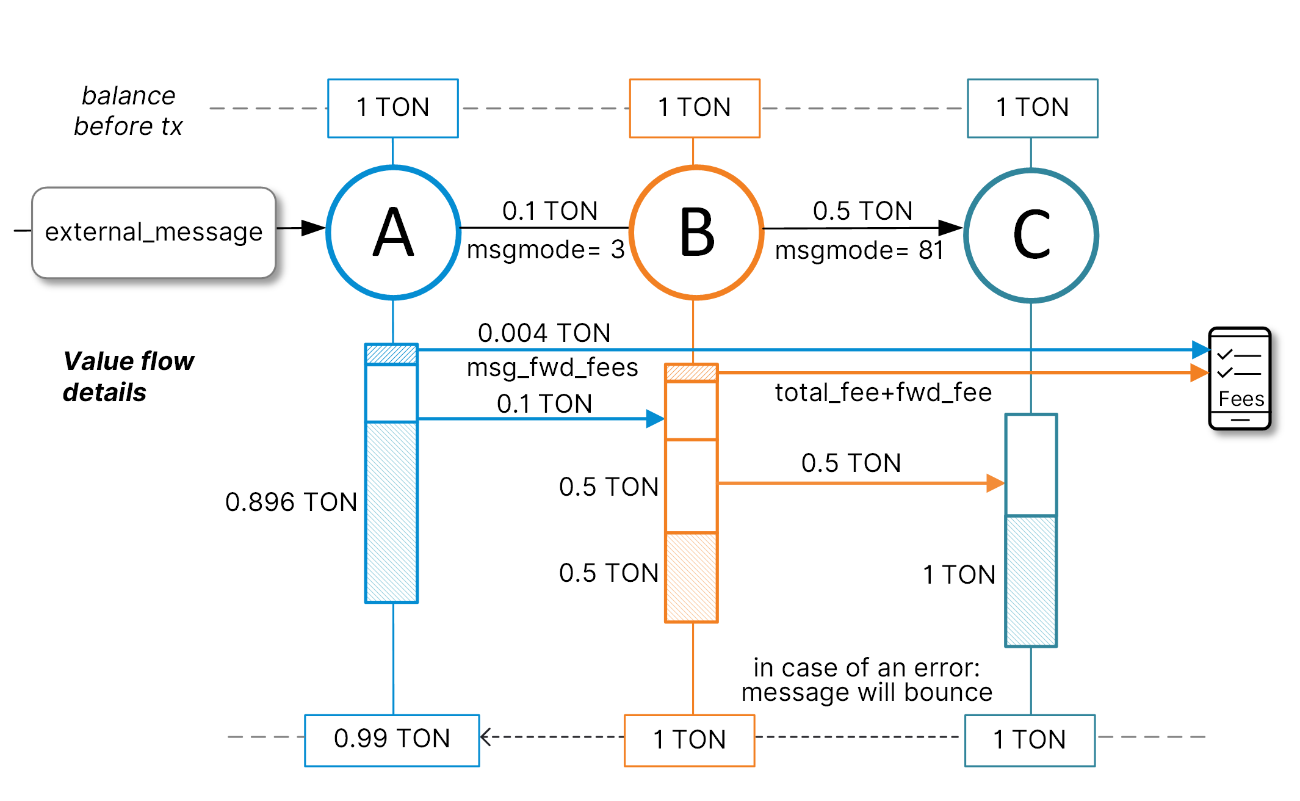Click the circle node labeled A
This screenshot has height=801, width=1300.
tap(393, 233)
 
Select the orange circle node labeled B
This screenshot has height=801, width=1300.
tap(696, 233)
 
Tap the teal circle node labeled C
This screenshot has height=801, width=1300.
tap(1031, 235)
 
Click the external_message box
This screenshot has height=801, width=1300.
tap(154, 233)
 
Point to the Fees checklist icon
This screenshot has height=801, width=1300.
tap(1240, 379)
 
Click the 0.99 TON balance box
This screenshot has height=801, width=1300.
tap(392, 739)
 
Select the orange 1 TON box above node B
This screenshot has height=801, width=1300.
tap(695, 108)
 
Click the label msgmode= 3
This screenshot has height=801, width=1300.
tap(546, 250)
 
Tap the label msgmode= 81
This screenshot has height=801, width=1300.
tap(859, 250)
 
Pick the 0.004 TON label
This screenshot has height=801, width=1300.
tap(544, 333)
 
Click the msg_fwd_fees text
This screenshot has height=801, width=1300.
tap(552, 368)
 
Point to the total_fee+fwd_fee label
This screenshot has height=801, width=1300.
tap(883, 393)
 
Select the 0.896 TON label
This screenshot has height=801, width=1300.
tap(291, 502)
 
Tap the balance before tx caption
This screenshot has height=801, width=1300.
tap(128, 111)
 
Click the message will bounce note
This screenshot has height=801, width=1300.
tap(867, 692)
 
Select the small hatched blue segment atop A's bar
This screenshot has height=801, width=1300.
tap(391, 354)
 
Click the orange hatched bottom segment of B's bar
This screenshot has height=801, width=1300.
tap(691, 577)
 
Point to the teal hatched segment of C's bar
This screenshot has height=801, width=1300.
tap(1031, 580)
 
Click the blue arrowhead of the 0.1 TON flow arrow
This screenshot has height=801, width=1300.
tap(655, 419)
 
